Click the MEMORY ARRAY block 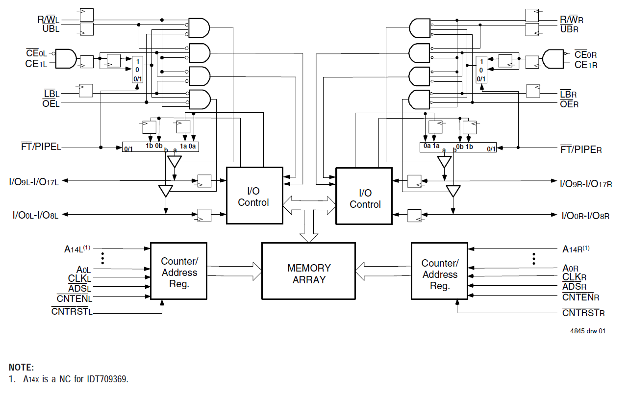[x=308, y=271]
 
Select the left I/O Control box [x=254, y=196]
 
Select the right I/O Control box [x=364, y=196]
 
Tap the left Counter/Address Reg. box [x=179, y=271]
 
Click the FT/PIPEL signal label [x=41, y=147]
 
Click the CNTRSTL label [x=72, y=311]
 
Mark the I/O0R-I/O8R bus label [x=585, y=215]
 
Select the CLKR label [x=574, y=277]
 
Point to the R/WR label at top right [x=572, y=20]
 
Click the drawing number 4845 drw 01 [x=587, y=331]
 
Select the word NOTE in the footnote [x=21, y=367]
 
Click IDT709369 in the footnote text [x=107, y=379]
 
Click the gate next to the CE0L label [x=66, y=59]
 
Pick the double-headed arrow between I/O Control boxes [x=309, y=202]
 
